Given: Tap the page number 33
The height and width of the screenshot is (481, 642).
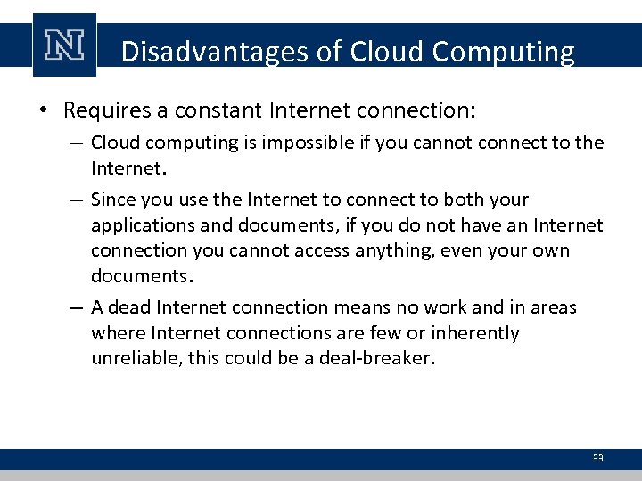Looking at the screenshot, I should coord(597,458).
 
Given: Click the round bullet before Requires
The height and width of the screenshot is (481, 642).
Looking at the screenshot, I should coord(43,111).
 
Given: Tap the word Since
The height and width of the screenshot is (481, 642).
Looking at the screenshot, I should coord(111,200).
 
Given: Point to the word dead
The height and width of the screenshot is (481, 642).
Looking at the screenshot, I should coord(132,307).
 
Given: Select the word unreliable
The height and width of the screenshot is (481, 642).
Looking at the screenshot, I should coord(131,359).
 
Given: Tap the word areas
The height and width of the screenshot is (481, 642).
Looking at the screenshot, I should coord(555,307).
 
